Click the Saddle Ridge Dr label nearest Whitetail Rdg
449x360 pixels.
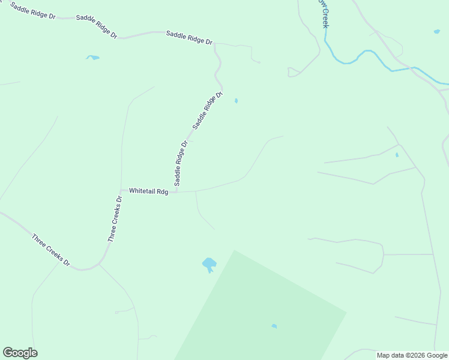pyautogui.click(x=181, y=163)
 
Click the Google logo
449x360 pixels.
pyautogui.click(x=20, y=353)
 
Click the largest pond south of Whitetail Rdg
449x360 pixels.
pyautogui.click(x=209, y=263)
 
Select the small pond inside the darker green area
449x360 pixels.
pyautogui.click(x=274, y=326)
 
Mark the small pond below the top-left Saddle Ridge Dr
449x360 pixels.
pyautogui.click(x=92, y=58)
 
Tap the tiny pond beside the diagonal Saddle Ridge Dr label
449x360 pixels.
pyautogui.click(x=236, y=101)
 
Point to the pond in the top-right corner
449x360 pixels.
pyautogui.click(x=436, y=31)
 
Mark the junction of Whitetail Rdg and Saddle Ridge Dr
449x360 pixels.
pyautogui.click(x=177, y=192)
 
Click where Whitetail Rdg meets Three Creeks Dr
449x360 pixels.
pyautogui.click(x=122, y=190)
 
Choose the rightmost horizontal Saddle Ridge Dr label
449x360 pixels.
pyautogui.click(x=189, y=38)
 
